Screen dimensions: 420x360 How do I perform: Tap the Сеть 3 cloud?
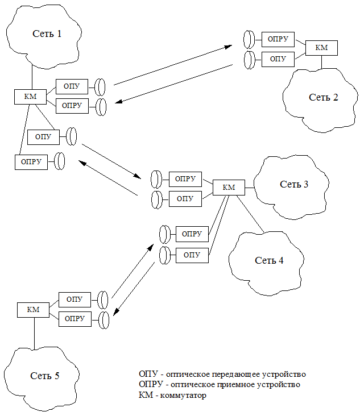pos(293,185)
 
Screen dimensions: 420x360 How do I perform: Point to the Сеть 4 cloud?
pos(268,260)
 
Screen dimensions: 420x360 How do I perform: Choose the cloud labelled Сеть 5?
pos(44,376)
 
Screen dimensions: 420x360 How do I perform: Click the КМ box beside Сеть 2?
pos(321,48)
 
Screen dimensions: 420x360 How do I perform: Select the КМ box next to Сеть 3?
pos(229,188)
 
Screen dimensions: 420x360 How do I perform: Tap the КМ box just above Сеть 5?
pos(33,310)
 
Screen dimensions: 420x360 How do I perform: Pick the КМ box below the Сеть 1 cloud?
pos(30,97)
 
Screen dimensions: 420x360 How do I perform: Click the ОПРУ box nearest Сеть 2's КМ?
pos(278,40)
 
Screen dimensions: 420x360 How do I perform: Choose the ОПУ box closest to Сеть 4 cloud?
pos(192,255)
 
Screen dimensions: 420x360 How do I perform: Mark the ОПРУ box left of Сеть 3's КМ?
pos(185,179)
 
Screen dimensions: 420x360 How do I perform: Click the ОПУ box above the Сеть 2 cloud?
pos(278,59)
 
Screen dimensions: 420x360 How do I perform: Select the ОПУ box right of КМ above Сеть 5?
pos(75,300)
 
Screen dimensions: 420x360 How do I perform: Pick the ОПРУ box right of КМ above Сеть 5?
pos(75,319)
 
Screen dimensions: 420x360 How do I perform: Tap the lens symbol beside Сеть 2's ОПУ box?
pos(249,60)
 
